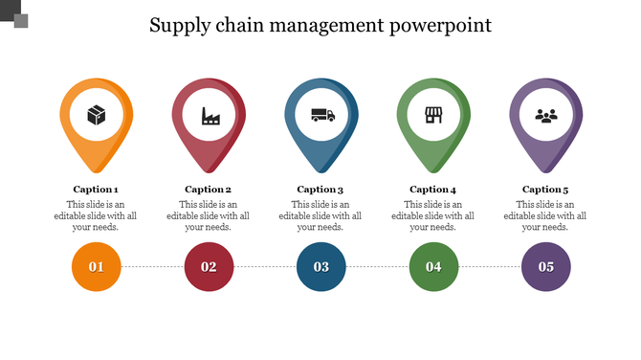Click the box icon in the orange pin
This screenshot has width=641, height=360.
pyautogui.click(x=97, y=116)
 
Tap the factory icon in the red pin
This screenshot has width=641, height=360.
pyautogui.click(x=209, y=116)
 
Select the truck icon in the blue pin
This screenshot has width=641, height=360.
pyautogui.click(x=322, y=116)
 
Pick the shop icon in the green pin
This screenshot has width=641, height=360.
pyautogui.click(x=434, y=116)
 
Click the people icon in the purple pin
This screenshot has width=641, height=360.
pyautogui.click(x=546, y=116)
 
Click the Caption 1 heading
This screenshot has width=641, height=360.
pyautogui.click(x=96, y=190)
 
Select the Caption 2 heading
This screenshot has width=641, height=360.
pyautogui.click(x=209, y=190)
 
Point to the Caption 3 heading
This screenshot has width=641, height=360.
pyautogui.click(x=320, y=190)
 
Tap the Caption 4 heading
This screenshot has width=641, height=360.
pyautogui.click(x=433, y=190)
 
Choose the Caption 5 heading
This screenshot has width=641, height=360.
pyautogui.click(x=545, y=190)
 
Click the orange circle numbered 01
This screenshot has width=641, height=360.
pyautogui.click(x=96, y=266)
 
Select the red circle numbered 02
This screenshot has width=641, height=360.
pyautogui.click(x=209, y=266)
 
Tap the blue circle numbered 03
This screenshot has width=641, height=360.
pyautogui.click(x=321, y=266)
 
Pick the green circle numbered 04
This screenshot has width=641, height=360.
pyautogui.click(x=433, y=266)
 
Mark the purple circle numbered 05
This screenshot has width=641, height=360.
pyautogui.click(x=546, y=266)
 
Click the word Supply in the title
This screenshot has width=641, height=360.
pyautogui.click(x=178, y=26)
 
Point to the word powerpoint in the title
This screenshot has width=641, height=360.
pyautogui.click(x=440, y=26)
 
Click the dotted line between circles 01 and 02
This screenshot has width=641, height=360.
pyautogui.click(x=152, y=266)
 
